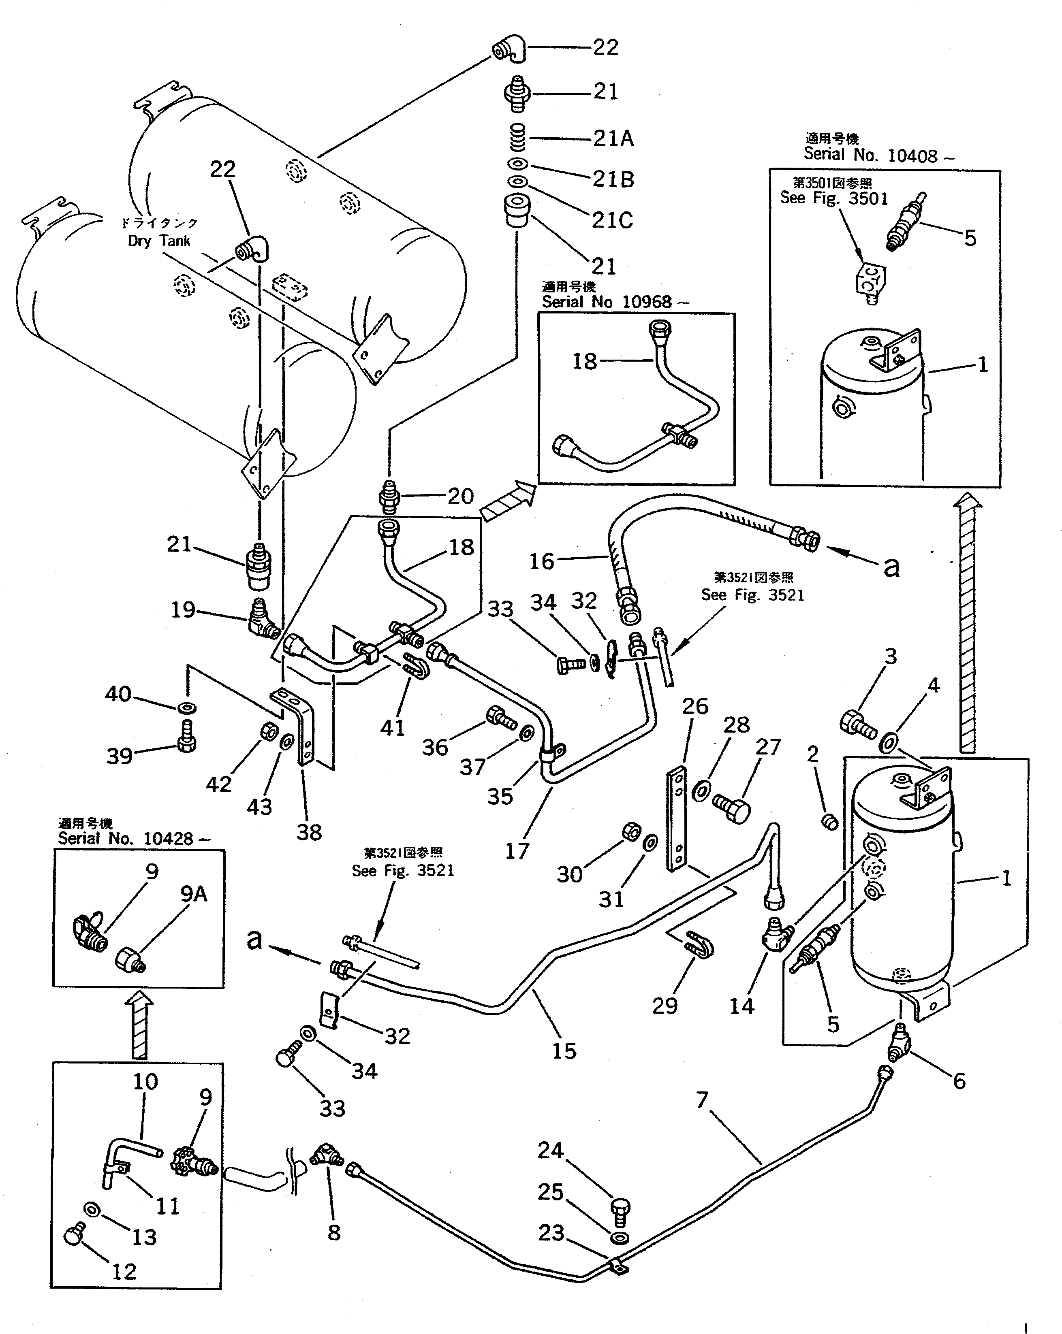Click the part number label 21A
(613, 138)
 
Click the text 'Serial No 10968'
(607, 302)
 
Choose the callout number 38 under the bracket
(309, 832)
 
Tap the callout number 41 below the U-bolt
(392, 728)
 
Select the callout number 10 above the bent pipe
(145, 1082)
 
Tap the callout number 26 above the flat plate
(694, 706)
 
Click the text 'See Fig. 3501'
(833, 198)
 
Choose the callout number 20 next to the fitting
(460, 496)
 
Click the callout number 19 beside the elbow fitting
(183, 609)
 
